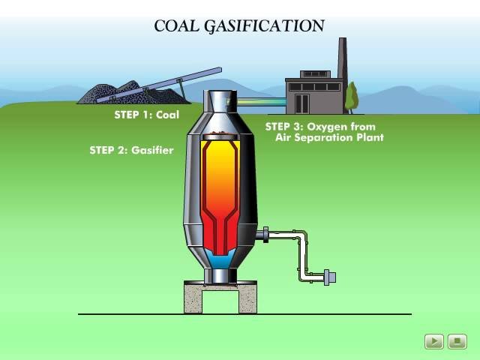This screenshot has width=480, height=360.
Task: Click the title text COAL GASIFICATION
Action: tap(238, 25)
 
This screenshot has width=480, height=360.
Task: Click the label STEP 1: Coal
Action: tap(146, 115)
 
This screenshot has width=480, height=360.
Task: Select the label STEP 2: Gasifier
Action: tap(131, 150)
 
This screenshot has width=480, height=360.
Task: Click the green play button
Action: tap(433, 342)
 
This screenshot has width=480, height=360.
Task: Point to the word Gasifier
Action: tap(152, 150)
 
